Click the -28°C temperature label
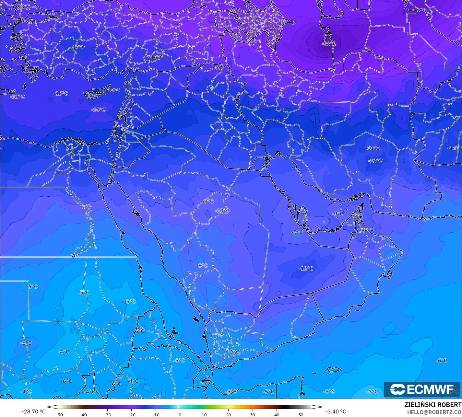(x=329, y=44)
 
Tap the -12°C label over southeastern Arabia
(x=306, y=269)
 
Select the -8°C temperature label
(x=202, y=265)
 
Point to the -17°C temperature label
(x=18, y=97)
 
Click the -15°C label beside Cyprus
(x=113, y=90)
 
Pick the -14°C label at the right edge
(x=454, y=148)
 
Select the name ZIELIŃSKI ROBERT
(x=432, y=405)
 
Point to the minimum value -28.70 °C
(x=33, y=411)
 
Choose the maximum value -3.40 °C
(x=335, y=411)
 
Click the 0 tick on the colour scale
(x=180, y=414)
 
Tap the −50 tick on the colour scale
(x=59, y=414)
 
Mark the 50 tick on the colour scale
(x=301, y=414)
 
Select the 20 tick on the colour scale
(x=228, y=414)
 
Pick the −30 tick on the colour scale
(x=107, y=414)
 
